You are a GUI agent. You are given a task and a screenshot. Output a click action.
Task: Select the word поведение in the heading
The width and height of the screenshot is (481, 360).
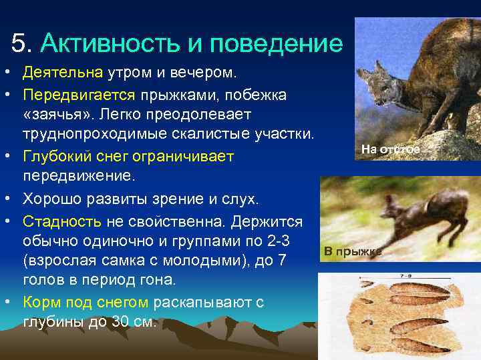tap(276, 44)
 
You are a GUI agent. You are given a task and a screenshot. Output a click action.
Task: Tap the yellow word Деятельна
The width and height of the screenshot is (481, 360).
tap(62, 71)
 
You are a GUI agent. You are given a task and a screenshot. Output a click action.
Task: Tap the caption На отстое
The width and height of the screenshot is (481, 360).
tap(391, 149)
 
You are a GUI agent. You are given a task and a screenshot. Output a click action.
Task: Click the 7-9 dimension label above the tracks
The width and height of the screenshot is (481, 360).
tap(404, 275)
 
